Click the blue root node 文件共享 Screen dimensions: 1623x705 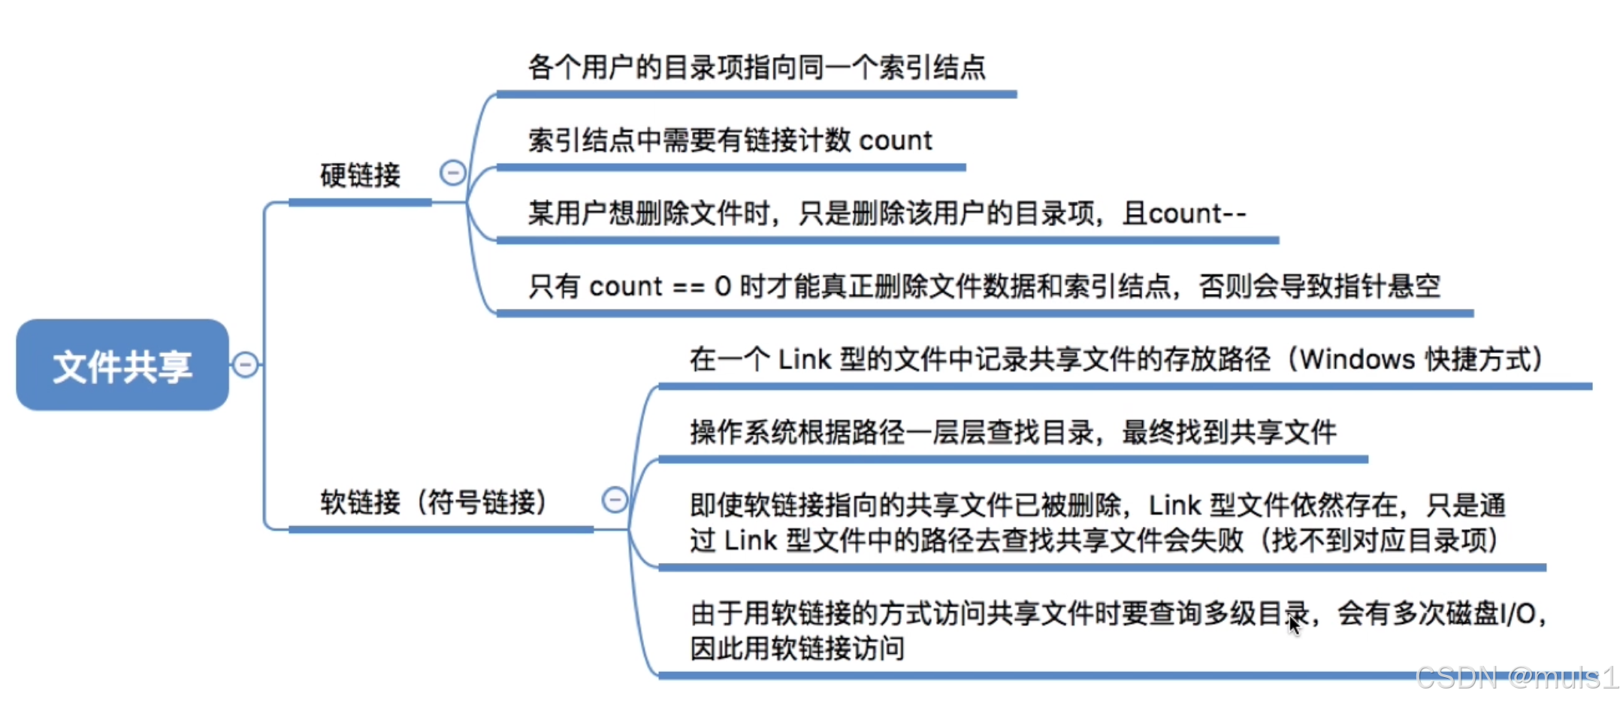122,365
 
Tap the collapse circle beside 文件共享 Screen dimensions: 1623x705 245,365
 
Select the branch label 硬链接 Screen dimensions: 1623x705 360,175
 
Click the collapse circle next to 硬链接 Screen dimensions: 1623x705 452,173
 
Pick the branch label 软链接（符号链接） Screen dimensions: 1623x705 434,501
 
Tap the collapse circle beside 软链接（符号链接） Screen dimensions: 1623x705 615,500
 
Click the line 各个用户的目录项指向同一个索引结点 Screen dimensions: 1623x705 757,68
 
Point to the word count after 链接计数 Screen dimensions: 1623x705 895,141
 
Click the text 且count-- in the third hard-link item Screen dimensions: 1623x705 1184,213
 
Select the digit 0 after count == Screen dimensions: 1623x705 723,286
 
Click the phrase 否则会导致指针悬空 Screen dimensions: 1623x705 1319,286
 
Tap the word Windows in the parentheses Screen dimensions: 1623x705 1358,359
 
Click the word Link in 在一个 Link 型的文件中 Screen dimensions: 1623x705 805,359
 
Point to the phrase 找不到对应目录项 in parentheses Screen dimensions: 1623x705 1380,540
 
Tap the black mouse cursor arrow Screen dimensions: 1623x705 1293,624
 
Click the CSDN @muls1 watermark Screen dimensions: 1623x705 1516,678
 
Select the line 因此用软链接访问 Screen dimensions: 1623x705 797,648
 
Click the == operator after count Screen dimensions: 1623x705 688,286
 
